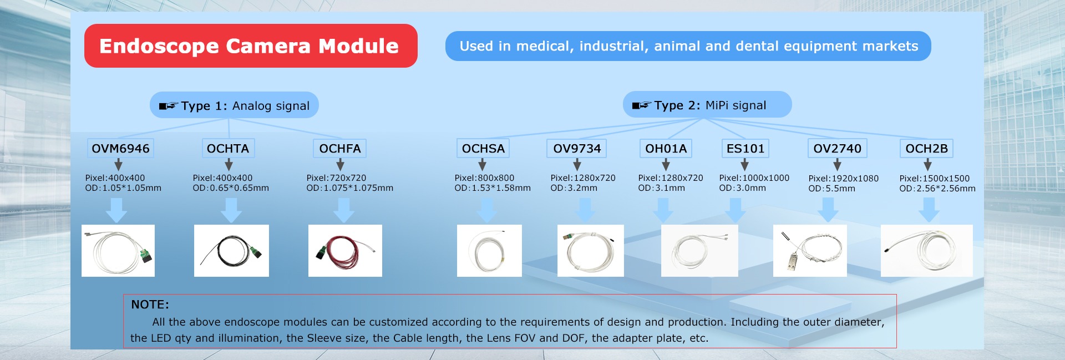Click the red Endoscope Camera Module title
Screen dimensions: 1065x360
point(251,46)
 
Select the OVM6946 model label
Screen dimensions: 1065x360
point(120,149)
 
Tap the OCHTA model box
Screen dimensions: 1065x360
point(228,149)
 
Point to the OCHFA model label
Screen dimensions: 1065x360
point(340,149)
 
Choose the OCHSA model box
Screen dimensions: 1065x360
point(483,149)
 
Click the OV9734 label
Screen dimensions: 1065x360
point(577,149)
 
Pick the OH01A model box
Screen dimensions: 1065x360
point(666,149)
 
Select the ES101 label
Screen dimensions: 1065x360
point(745,149)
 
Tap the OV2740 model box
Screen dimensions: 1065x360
point(837,149)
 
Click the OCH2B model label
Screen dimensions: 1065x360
point(927,149)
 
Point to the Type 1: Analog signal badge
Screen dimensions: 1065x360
point(234,105)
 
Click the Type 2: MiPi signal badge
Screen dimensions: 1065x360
point(707,105)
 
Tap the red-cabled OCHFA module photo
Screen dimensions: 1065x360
point(345,251)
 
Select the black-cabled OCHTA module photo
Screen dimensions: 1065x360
point(231,251)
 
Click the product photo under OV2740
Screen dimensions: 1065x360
point(810,251)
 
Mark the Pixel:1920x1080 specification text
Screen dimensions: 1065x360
point(843,179)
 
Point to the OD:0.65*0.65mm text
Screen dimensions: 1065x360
point(231,188)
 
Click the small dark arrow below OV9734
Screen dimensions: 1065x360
point(577,165)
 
